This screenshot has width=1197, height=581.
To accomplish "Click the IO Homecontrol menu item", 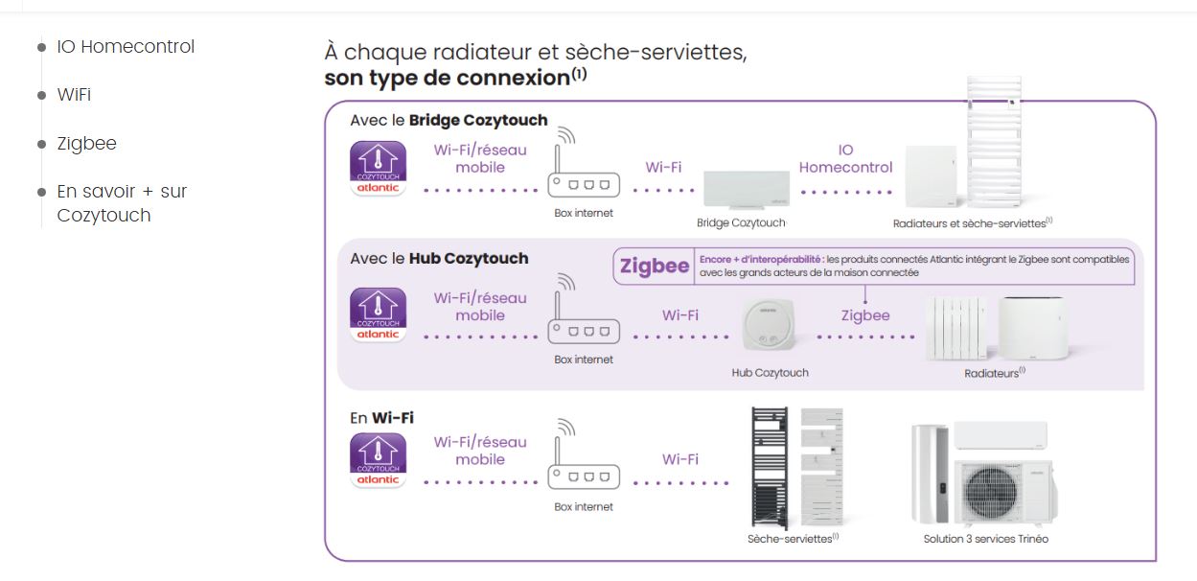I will coord(125,46).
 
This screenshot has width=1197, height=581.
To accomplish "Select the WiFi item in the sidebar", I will coord(74,95).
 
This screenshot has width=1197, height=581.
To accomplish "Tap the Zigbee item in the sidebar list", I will coord(86,144).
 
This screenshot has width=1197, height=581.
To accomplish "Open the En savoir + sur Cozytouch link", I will coord(121,203).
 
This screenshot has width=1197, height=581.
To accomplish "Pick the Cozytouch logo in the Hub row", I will coord(379,314).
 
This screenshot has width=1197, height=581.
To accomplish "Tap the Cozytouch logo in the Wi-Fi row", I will coord(379,461).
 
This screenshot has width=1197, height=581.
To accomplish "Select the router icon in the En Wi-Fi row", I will coord(583,460).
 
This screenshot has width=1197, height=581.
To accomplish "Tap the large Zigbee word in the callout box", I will coord(655,267).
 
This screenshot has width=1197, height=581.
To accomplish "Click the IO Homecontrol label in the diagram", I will coord(845,159).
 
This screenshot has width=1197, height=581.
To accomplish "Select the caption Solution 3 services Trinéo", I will coord(985,539).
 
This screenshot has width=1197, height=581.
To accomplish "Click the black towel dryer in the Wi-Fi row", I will coord(769,467).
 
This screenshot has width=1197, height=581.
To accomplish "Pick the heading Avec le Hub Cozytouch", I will coord(439,259).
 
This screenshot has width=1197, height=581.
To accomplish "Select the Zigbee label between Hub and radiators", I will coord(865,315).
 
